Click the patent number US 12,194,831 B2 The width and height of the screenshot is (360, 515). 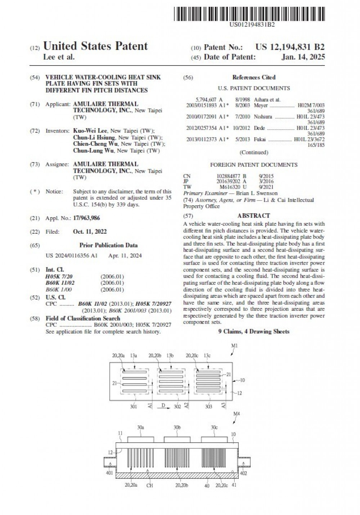point(290,47)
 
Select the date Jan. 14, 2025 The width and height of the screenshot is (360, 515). point(303,57)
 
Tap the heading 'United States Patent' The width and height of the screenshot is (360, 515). point(95,46)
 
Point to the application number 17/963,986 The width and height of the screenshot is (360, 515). point(86,218)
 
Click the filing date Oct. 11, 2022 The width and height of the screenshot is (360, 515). point(90,232)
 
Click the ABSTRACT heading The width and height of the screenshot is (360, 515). point(253,215)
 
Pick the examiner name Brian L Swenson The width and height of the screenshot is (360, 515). point(257,193)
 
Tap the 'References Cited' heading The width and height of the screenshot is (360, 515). point(253,77)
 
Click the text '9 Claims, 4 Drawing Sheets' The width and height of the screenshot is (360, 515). point(254,331)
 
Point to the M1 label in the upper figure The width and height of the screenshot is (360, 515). point(234,345)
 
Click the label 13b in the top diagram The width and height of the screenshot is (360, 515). point(170,355)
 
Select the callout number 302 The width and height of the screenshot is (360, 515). point(177,406)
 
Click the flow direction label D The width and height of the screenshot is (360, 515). point(163,406)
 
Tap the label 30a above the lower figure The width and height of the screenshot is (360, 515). point(140,427)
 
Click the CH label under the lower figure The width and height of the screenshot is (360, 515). point(150,485)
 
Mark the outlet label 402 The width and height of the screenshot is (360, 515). point(243,473)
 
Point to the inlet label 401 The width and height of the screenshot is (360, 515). point(109,473)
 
